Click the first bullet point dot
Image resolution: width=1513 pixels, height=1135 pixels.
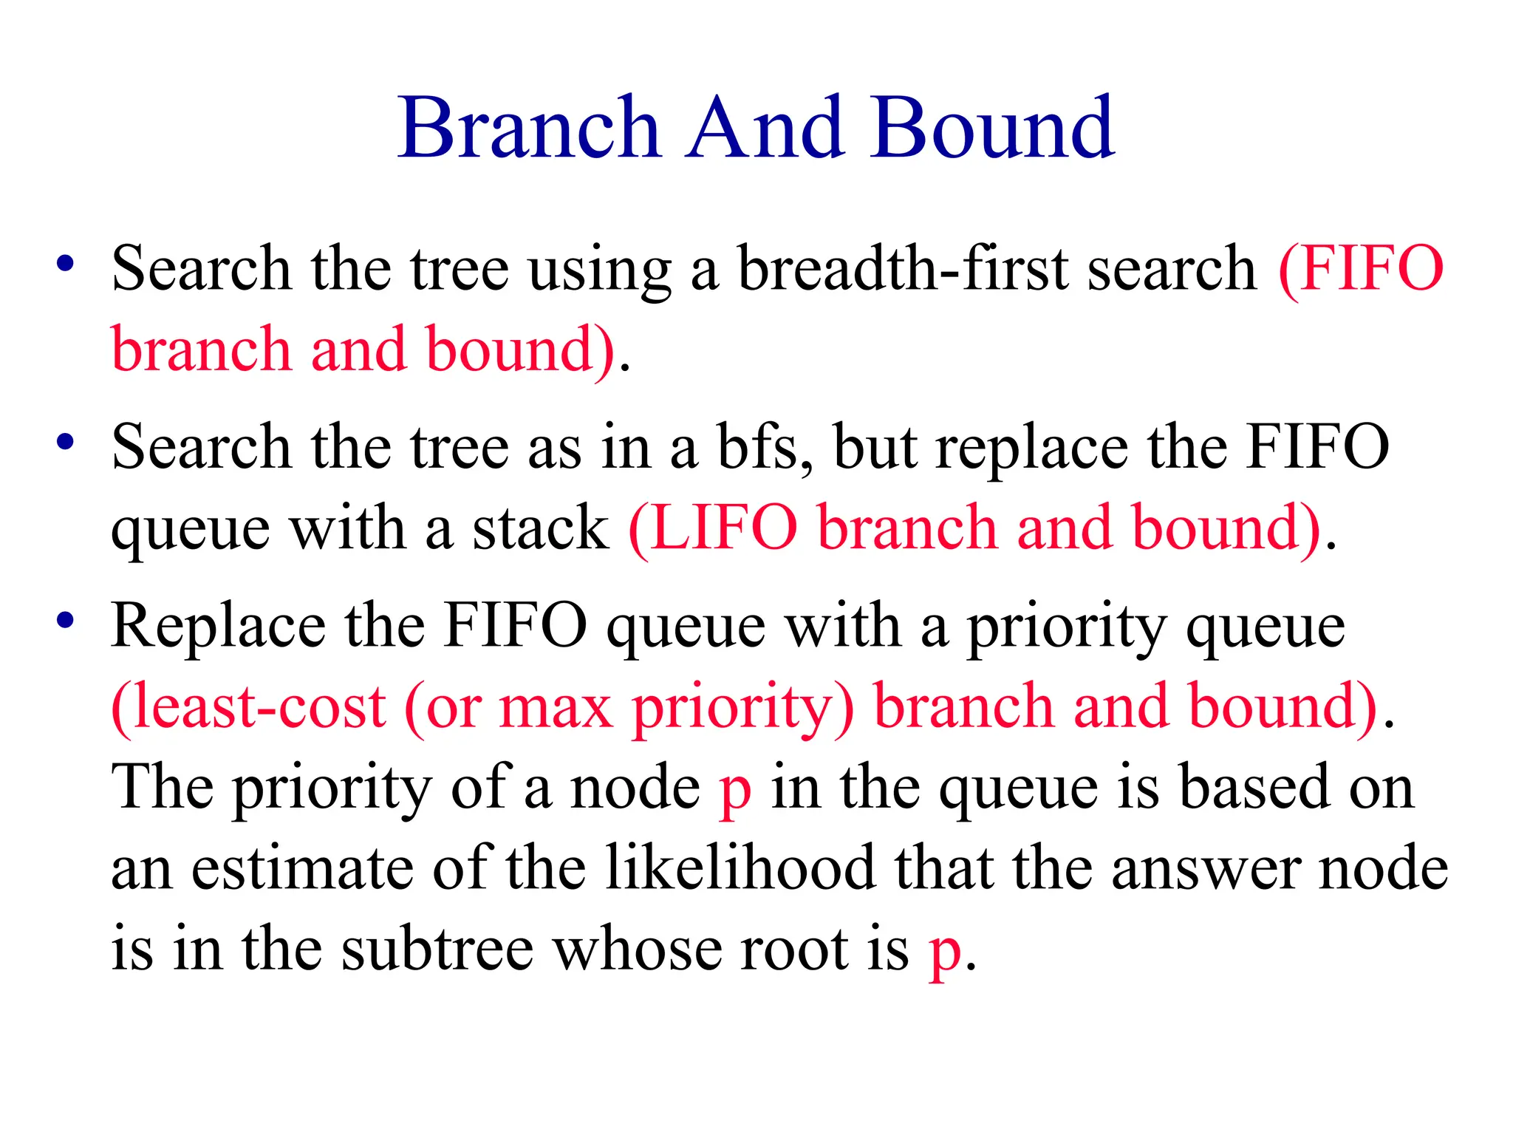(x=66, y=264)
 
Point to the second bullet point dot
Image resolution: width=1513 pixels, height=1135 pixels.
(x=66, y=442)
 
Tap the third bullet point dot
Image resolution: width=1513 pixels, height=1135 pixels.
(x=66, y=621)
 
